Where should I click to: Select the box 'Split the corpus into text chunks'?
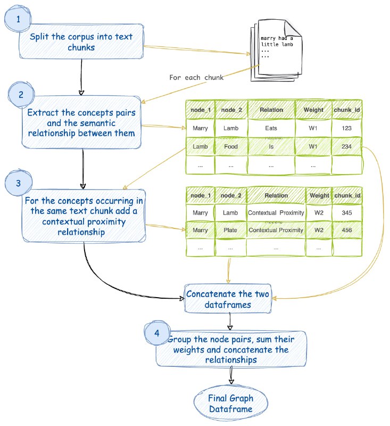point(81,43)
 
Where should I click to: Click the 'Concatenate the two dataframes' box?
point(229,297)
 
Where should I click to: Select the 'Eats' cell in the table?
point(271,128)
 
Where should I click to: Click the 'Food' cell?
point(231,146)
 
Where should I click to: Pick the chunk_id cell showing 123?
point(347,128)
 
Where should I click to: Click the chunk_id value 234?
point(347,146)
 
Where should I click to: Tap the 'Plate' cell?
point(231,230)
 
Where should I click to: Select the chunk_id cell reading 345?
point(347,212)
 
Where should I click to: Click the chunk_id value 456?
point(347,230)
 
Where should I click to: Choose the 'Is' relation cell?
point(271,146)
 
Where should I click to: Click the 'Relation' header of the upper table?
point(271,110)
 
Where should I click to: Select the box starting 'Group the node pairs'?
point(231,350)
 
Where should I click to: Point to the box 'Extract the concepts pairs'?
point(81,122)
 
